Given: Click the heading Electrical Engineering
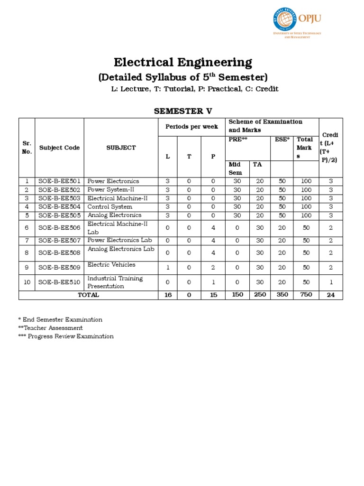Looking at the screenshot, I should tap(183, 62).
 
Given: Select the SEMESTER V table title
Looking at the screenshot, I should tap(182, 111).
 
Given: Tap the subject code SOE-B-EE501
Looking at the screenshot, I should tap(59, 181).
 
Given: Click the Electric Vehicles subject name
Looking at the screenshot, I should tap(111, 265).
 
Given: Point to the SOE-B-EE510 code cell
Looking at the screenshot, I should tap(59, 282).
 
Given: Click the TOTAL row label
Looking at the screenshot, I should tap(88, 295).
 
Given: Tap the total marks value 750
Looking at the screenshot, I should tap(306, 295).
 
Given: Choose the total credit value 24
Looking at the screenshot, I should tap(331, 295).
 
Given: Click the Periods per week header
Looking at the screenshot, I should tap(191, 127).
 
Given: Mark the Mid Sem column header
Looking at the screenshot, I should tap(236, 168).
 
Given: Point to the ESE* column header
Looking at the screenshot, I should tap(281, 140).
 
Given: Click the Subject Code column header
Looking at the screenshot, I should tap(59, 148).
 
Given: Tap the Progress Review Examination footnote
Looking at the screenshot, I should tap(66, 336).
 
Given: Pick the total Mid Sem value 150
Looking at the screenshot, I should tap(237, 295).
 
